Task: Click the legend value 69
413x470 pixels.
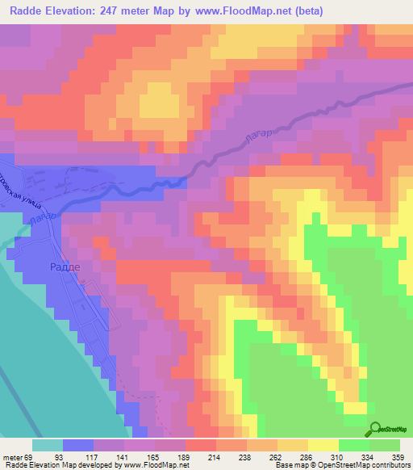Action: point(31,457)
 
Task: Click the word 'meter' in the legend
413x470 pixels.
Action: point(12,457)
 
